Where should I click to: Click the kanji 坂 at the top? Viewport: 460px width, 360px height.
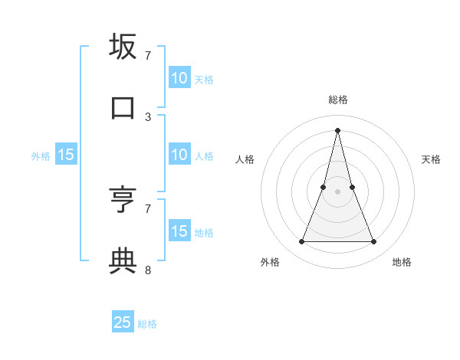(x=123, y=47)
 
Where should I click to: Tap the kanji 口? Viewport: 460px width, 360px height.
(x=123, y=108)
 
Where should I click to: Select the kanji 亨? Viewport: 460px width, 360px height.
(x=123, y=200)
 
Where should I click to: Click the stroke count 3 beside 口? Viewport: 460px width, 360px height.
(x=148, y=117)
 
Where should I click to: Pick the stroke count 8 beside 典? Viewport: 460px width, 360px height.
(x=148, y=270)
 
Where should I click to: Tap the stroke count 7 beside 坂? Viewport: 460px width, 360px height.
(x=148, y=56)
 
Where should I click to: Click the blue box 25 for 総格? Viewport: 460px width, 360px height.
(x=123, y=322)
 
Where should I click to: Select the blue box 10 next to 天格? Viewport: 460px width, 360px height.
(x=179, y=77)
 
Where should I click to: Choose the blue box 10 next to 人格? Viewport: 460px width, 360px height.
(x=179, y=155)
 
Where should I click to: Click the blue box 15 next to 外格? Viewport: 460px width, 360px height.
(x=66, y=155)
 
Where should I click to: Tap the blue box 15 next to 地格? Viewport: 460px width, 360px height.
(x=179, y=231)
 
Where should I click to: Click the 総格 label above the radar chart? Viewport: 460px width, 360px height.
(x=338, y=100)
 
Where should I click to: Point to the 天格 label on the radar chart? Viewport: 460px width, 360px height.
(x=431, y=159)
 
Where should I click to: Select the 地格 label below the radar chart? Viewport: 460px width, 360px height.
(x=402, y=263)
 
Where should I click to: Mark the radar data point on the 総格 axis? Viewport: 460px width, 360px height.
(x=338, y=129)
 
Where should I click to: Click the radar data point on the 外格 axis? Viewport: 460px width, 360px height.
(x=301, y=242)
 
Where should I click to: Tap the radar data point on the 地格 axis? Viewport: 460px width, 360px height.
(x=374, y=242)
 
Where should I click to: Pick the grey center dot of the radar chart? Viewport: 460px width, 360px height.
(x=338, y=191)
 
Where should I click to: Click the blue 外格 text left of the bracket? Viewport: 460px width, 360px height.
(x=41, y=156)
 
